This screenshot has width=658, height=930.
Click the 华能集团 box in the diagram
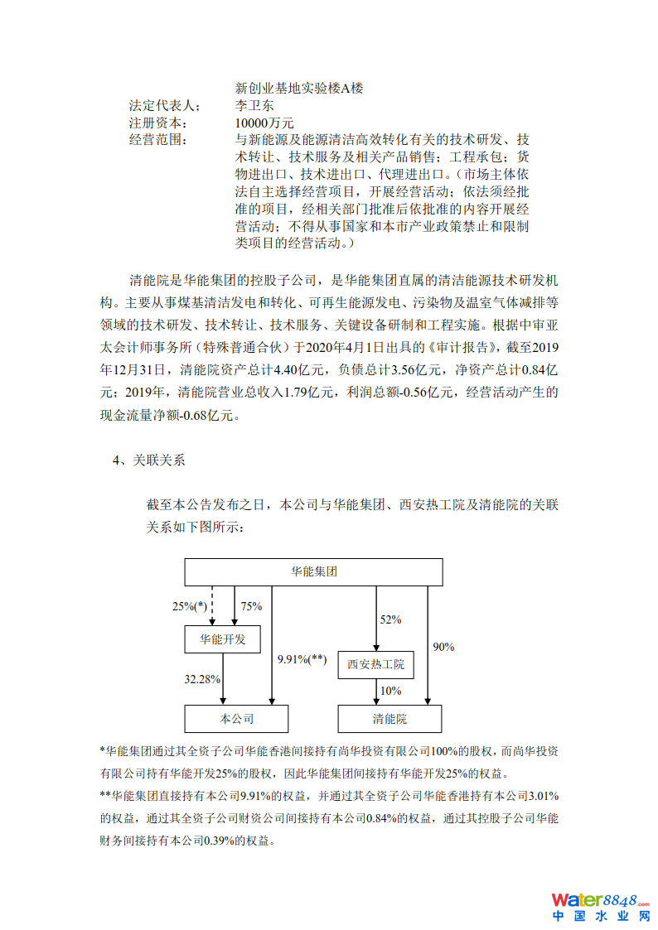(x=313, y=571)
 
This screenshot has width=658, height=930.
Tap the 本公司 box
(x=236, y=719)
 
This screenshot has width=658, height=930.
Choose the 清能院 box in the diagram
(x=389, y=719)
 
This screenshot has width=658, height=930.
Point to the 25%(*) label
(x=189, y=606)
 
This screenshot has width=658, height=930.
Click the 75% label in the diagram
(x=251, y=606)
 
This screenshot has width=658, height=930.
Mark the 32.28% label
(x=201, y=679)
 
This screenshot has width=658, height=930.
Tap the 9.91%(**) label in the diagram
(x=302, y=659)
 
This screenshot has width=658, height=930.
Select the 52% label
(x=390, y=619)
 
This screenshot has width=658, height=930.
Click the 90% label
(x=443, y=647)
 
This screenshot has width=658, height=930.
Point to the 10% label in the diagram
(x=390, y=691)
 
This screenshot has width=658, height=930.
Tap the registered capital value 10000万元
(x=264, y=123)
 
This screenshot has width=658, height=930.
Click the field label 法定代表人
(x=164, y=105)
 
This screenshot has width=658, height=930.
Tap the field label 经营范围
(x=157, y=139)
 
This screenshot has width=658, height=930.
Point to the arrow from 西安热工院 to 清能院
(x=377, y=692)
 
